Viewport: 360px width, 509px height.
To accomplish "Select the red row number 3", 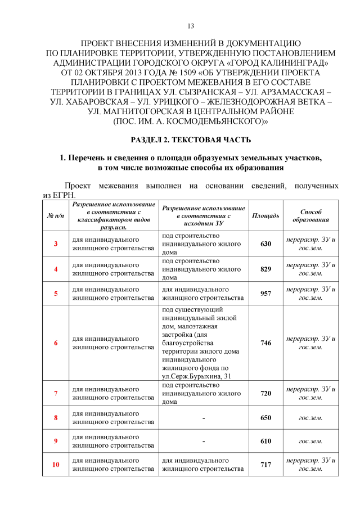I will [x=56, y=244].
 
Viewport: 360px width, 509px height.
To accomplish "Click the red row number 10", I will [x=56, y=465].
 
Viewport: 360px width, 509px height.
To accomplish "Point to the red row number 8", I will [x=56, y=418].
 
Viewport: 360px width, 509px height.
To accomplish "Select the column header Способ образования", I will [x=310, y=216].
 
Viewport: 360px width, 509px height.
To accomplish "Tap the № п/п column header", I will [x=55, y=216].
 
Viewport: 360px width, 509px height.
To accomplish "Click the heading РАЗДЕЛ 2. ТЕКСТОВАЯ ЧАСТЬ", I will [x=191, y=139].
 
